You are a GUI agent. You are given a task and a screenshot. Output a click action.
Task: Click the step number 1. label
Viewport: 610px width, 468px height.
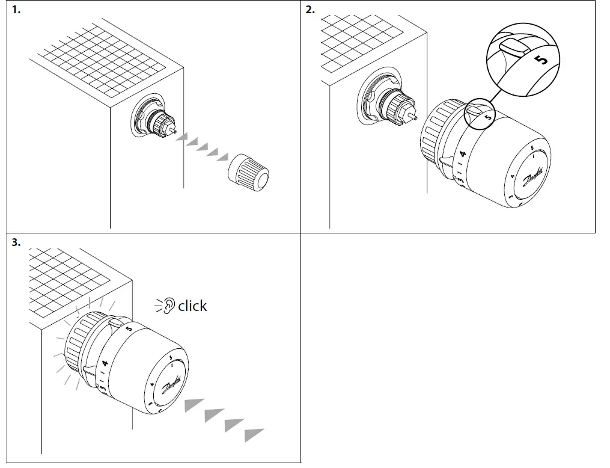pos(16,10)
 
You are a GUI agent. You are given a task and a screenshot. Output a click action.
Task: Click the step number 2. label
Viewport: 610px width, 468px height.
pos(310,10)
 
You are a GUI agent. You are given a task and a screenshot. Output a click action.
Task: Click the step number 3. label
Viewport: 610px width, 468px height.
pos(16,242)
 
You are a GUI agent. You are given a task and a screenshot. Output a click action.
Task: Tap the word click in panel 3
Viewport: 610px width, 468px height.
pos(192,306)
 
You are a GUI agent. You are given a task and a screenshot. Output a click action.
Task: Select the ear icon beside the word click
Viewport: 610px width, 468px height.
pos(169,306)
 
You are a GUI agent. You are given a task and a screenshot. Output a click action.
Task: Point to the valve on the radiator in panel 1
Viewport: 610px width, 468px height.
pos(155,119)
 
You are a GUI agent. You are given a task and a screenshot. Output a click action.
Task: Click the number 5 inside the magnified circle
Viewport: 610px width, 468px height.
pos(541,60)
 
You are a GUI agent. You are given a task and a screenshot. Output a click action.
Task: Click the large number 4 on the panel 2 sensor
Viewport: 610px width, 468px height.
pos(463,155)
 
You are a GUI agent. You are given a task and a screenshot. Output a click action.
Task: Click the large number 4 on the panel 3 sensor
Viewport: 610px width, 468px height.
pos(105,363)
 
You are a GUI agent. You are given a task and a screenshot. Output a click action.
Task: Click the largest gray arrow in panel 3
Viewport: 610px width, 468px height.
pos(254,434)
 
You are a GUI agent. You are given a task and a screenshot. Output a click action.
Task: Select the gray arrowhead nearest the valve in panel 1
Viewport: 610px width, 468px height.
pos(181,138)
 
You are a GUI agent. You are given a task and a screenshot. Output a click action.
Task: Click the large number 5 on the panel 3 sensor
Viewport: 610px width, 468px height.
pos(129,328)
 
